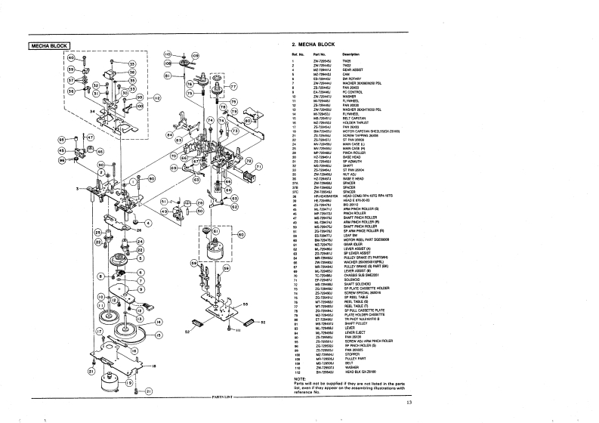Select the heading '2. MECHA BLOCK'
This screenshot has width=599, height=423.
click(313, 46)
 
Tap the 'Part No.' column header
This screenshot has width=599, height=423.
click(320, 55)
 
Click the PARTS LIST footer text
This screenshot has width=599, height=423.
click(224, 396)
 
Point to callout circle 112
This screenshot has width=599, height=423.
click(156, 98)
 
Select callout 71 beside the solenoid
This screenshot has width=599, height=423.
click(259, 167)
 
